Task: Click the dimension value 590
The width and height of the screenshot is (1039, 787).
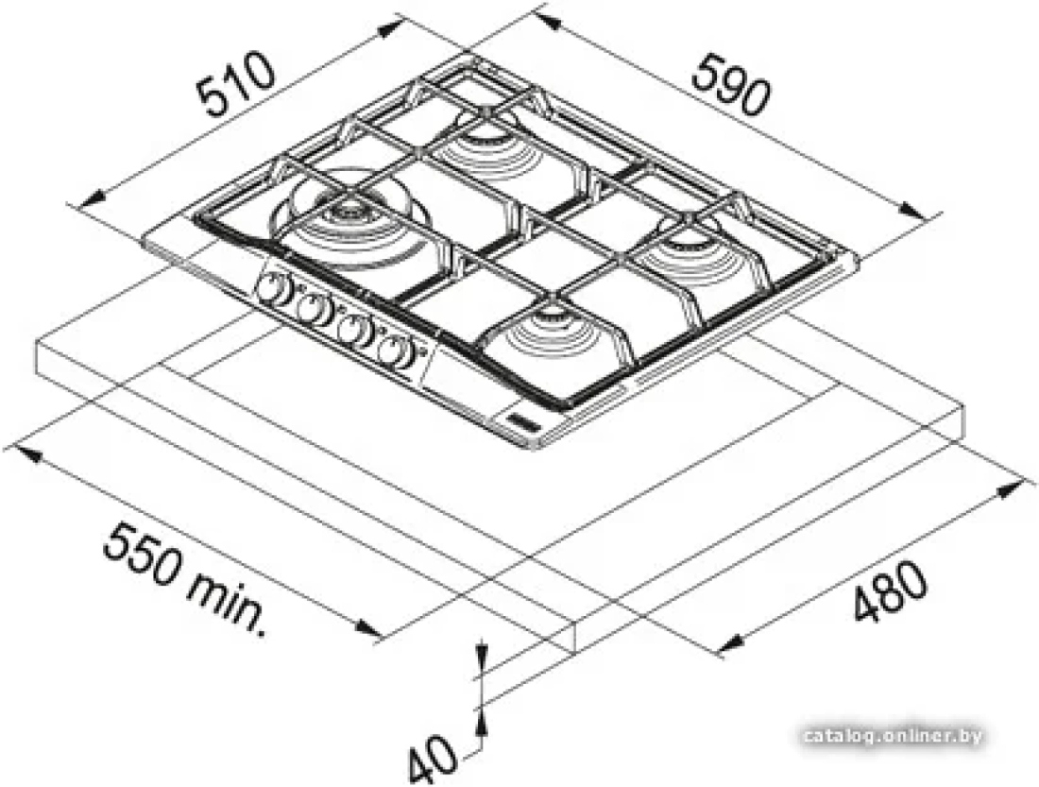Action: click(x=731, y=85)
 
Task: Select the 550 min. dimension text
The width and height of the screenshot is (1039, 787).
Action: click(x=184, y=569)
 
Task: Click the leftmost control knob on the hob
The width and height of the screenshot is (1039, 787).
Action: click(x=270, y=289)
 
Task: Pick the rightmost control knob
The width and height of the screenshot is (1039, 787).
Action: click(x=395, y=350)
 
